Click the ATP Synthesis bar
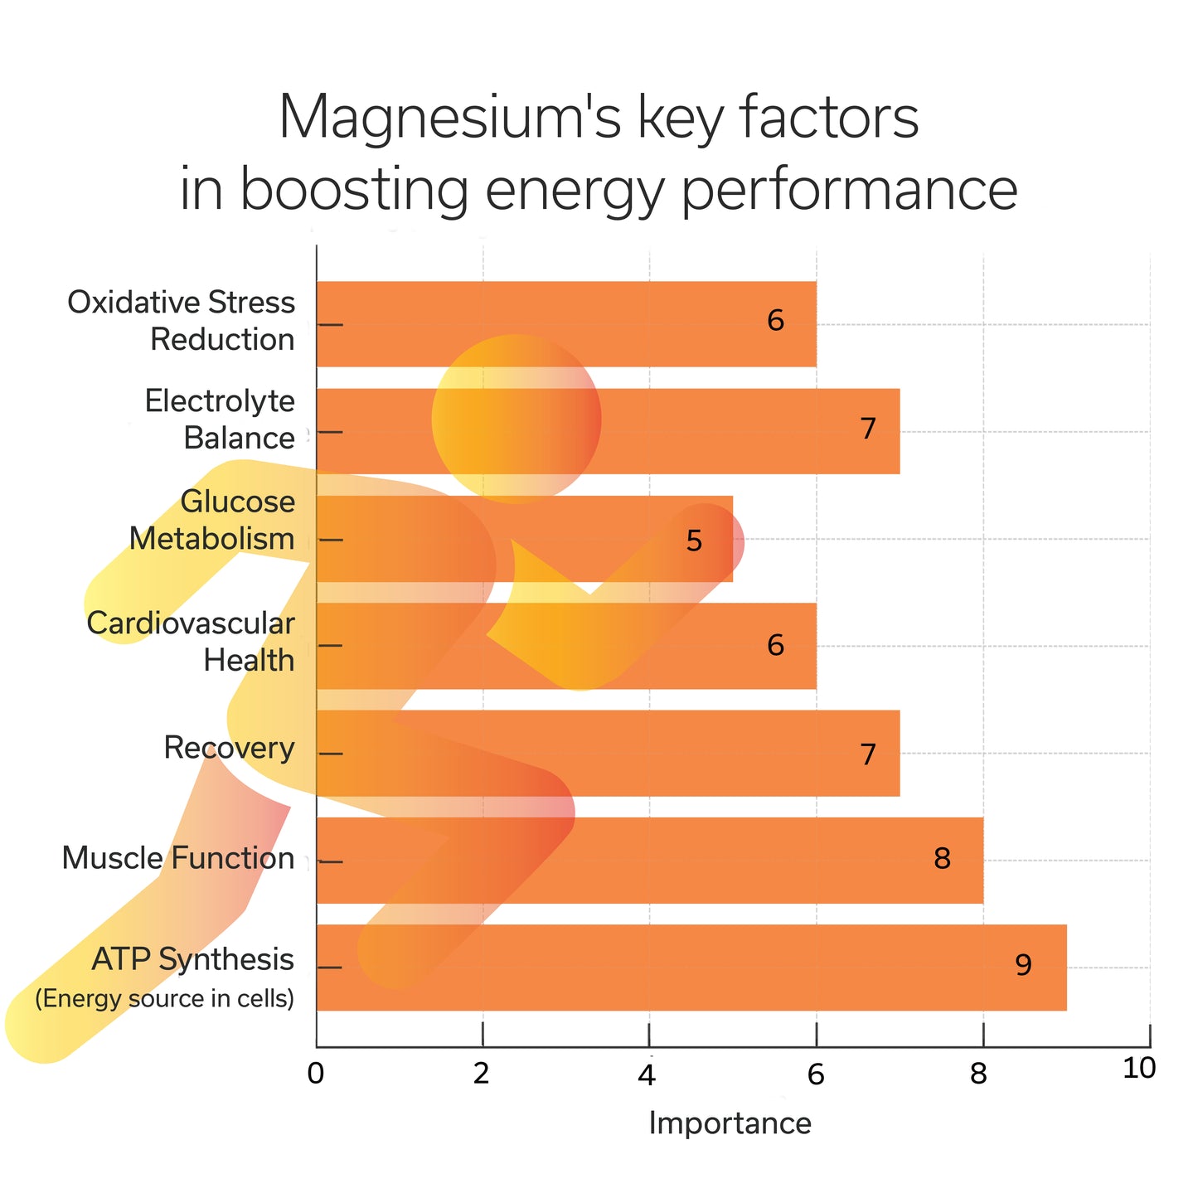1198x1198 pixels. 746,967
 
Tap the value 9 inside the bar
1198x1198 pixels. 1023,965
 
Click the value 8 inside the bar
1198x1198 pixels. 941,859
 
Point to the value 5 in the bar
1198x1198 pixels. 694,541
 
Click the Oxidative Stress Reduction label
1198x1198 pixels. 182,321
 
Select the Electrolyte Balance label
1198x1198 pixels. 220,419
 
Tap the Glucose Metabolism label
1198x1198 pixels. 213,521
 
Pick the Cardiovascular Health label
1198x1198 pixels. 192,642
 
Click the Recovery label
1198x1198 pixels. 229,748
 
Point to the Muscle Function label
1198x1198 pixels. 178,858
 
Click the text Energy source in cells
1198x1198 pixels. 165,998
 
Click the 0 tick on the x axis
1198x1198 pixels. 315,1074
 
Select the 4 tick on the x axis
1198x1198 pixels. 648,1074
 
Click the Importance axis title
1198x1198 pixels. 730,1123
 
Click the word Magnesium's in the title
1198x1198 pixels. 448,118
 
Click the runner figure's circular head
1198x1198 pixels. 516,419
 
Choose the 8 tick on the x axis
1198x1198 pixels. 980,1074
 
